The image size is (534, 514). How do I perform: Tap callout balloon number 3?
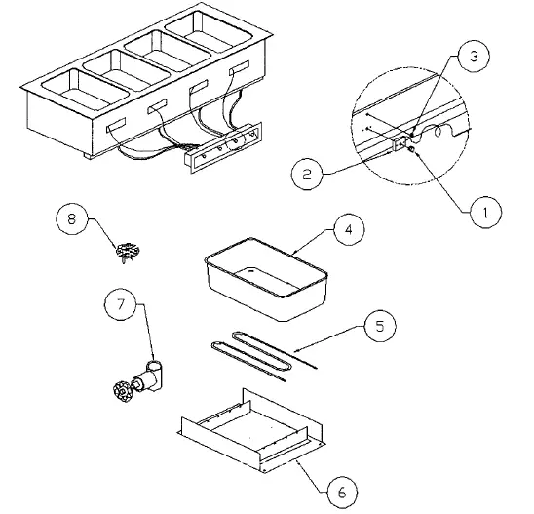tap(473, 57)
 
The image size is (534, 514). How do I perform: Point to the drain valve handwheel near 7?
tap(122, 394)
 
